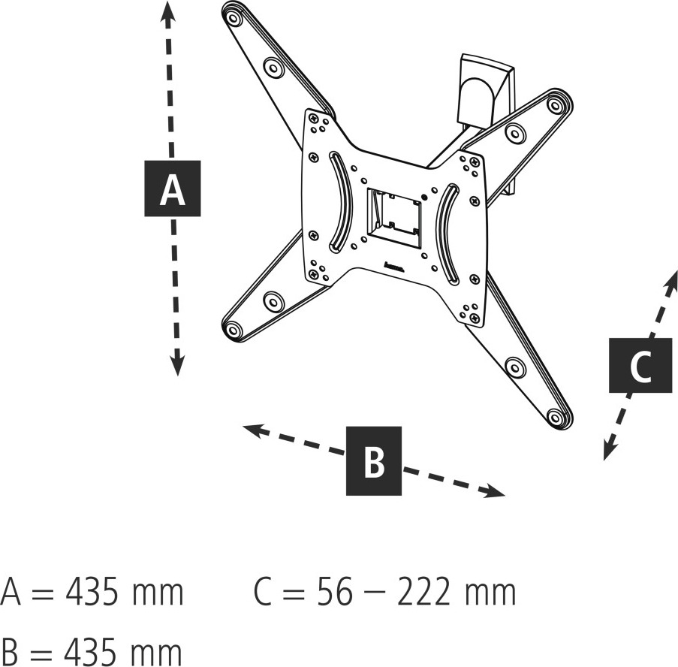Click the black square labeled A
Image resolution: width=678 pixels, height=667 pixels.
click(x=172, y=189)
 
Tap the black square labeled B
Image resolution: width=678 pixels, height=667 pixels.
click(x=374, y=460)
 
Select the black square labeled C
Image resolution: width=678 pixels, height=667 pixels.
click(x=640, y=366)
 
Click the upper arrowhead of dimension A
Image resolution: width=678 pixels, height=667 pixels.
click(x=167, y=11)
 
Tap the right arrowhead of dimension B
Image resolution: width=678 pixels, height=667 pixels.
click(x=494, y=491)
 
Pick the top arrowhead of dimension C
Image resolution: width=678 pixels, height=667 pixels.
click(x=671, y=279)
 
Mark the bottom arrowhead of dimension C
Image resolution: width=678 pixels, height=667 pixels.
click(x=610, y=450)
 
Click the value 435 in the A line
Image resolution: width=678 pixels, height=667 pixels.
click(x=92, y=592)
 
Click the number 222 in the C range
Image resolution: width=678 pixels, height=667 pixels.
click(x=423, y=592)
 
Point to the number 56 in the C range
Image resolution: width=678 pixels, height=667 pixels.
click(x=335, y=592)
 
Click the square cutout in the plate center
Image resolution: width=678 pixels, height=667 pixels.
click(x=394, y=219)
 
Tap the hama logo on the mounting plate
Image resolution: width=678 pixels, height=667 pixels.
click(x=393, y=267)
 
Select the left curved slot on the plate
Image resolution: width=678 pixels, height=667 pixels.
click(x=340, y=202)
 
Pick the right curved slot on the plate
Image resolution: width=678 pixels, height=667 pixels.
click(x=447, y=235)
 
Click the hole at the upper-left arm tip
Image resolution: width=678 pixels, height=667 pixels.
click(x=234, y=19)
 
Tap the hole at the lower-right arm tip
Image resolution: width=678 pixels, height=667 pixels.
click(x=555, y=416)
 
